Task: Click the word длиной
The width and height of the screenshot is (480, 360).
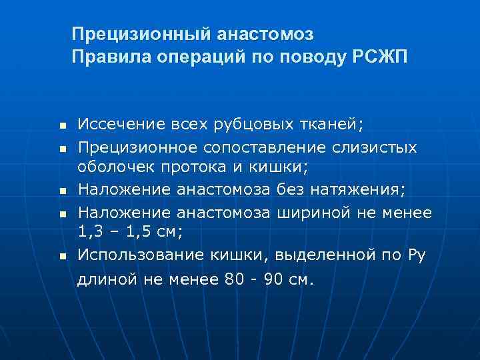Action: click(x=105, y=279)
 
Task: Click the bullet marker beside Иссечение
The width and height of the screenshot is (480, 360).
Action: click(x=61, y=125)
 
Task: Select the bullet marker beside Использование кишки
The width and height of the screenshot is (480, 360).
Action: click(x=61, y=255)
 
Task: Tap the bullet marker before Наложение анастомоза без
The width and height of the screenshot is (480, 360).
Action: click(x=61, y=191)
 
